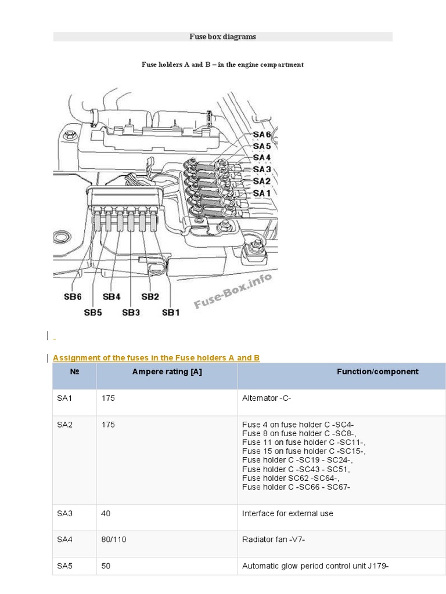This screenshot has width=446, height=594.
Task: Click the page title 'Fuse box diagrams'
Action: (222, 37)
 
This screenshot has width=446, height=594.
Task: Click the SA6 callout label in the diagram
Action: (262, 135)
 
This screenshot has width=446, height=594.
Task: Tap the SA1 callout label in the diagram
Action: (262, 193)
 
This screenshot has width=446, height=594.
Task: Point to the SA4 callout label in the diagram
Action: (262, 158)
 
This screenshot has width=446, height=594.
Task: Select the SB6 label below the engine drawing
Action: (73, 296)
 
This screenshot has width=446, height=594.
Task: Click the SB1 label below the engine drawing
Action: (171, 312)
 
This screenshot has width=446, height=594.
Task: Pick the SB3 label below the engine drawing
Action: (131, 312)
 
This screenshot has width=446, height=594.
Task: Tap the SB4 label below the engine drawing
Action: (111, 296)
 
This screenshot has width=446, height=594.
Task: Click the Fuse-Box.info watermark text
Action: (233, 291)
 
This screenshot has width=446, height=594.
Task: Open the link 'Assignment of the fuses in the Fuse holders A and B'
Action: (156, 358)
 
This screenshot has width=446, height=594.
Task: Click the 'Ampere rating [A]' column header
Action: (167, 372)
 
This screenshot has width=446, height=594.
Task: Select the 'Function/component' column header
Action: (377, 372)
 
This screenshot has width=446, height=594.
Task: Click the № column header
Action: (74, 372)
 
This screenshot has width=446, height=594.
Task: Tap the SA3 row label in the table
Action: (65, 513)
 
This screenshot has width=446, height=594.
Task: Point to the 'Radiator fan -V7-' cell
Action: (274, 539)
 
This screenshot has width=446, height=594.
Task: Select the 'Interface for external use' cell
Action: (287, 513)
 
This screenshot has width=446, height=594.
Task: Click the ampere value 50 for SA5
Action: (106, 566)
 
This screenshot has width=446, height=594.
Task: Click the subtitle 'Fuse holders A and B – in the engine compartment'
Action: (222, 64)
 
